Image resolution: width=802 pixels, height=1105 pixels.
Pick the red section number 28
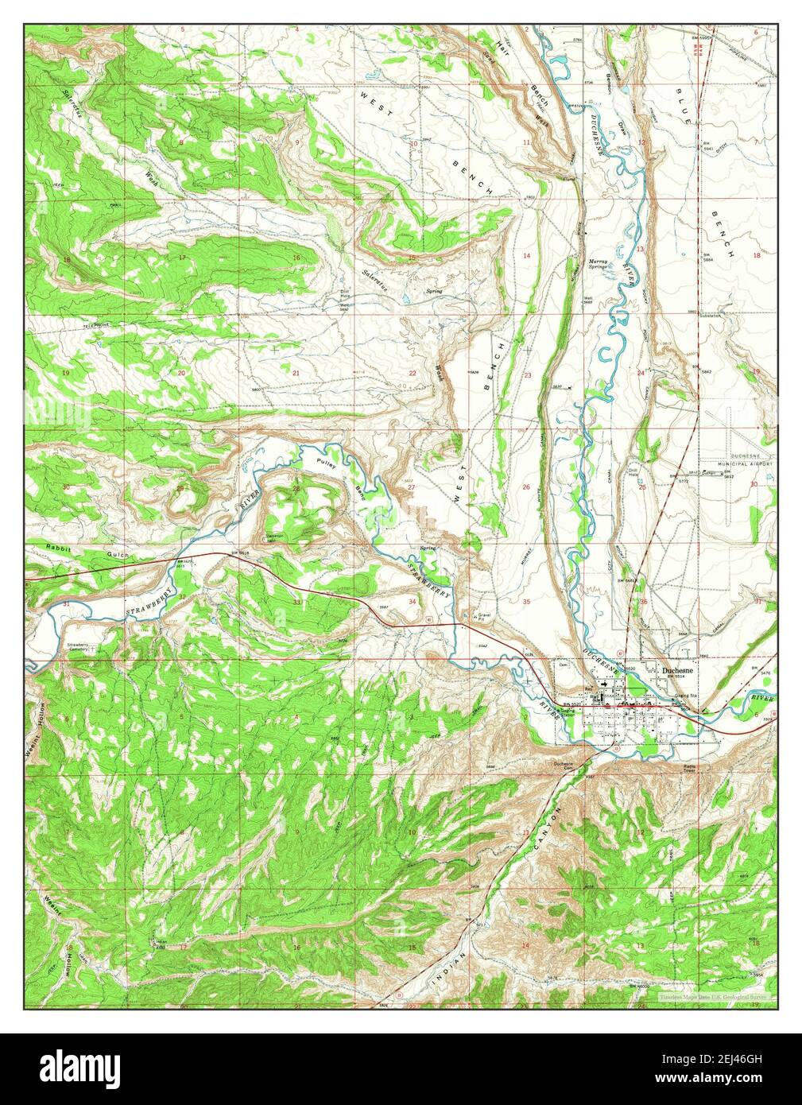[296, 488]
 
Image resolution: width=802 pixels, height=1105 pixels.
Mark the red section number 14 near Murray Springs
[526, 255]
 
